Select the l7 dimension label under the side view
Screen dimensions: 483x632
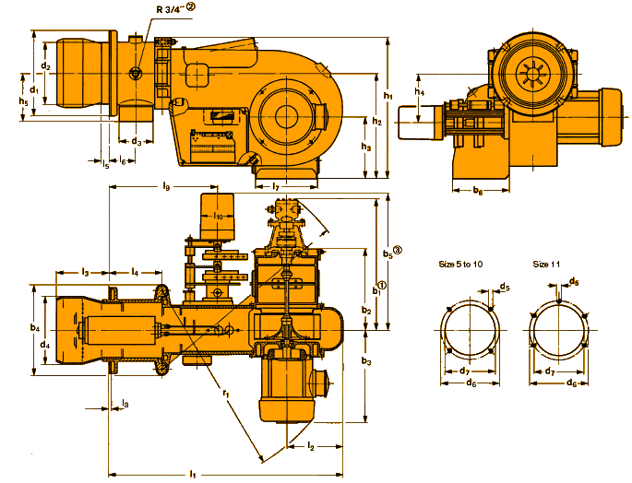276,187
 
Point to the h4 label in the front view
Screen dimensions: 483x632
420,92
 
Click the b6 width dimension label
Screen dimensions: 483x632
477,192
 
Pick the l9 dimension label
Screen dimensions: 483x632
167,187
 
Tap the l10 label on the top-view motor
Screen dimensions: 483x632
220,216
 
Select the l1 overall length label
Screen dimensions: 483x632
193,474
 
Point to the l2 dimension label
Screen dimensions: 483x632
311,447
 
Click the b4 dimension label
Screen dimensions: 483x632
34,327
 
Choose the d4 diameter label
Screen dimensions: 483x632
45,344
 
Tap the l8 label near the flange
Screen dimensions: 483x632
125,404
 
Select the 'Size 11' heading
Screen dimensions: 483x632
546,264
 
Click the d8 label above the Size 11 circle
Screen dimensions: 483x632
574,281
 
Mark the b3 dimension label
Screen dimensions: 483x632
366,361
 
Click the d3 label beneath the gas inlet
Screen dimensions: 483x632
136,142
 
